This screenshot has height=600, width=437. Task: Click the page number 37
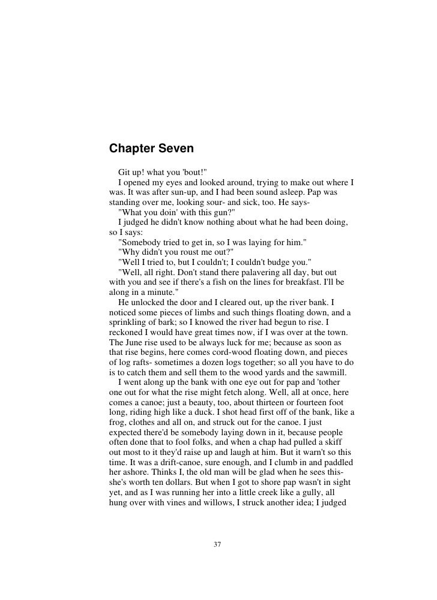tap(218, 544)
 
